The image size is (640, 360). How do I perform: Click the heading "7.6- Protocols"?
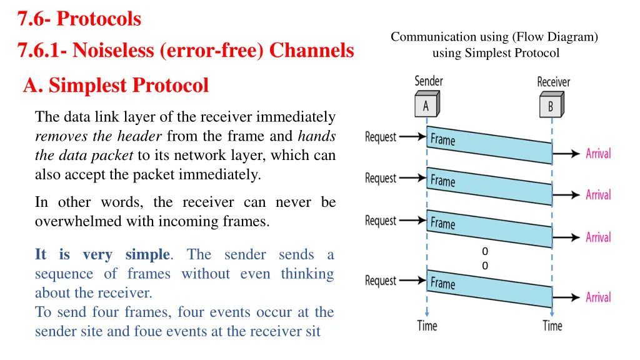point(79,19)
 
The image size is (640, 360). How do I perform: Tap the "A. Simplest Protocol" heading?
point(116,85)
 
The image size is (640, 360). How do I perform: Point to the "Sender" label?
point(429,81)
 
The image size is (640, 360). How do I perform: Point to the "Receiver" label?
point(553,82)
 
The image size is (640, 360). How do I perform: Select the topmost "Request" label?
point(381,136)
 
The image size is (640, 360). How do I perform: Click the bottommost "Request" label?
point(381,281)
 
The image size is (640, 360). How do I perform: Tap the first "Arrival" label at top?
point(598,153)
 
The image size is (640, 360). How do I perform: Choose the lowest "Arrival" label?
point(598,297)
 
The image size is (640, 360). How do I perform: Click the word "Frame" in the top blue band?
point(443,139)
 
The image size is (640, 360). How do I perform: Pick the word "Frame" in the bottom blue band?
point(443,283)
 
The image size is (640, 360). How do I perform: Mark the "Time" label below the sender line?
point(427,326)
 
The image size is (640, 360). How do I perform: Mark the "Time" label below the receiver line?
point(552,326)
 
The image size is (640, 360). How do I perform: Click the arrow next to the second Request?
point(412,178)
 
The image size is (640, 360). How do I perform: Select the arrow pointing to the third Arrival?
point(567,237)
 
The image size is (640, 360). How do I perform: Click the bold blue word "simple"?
point(147,254)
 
